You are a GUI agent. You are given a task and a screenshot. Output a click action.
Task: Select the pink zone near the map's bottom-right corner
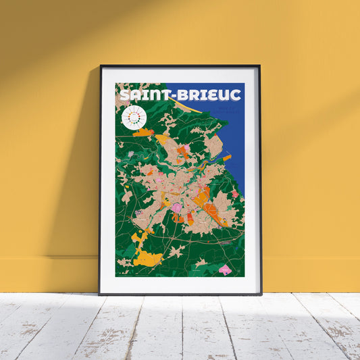pos(225,269)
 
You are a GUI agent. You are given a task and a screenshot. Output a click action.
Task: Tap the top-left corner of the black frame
pos(101,66)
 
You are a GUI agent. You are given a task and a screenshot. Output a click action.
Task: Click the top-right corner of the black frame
pos(259,66)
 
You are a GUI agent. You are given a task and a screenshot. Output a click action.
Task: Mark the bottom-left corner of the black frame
pos(100,294)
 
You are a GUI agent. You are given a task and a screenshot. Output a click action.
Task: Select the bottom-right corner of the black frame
pos(261,294)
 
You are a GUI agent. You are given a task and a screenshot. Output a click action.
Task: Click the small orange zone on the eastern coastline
pos(228,157)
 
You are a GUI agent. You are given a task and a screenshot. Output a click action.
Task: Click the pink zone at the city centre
pos(176,207)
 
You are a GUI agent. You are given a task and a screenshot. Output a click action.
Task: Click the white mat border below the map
pos(180,284)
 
